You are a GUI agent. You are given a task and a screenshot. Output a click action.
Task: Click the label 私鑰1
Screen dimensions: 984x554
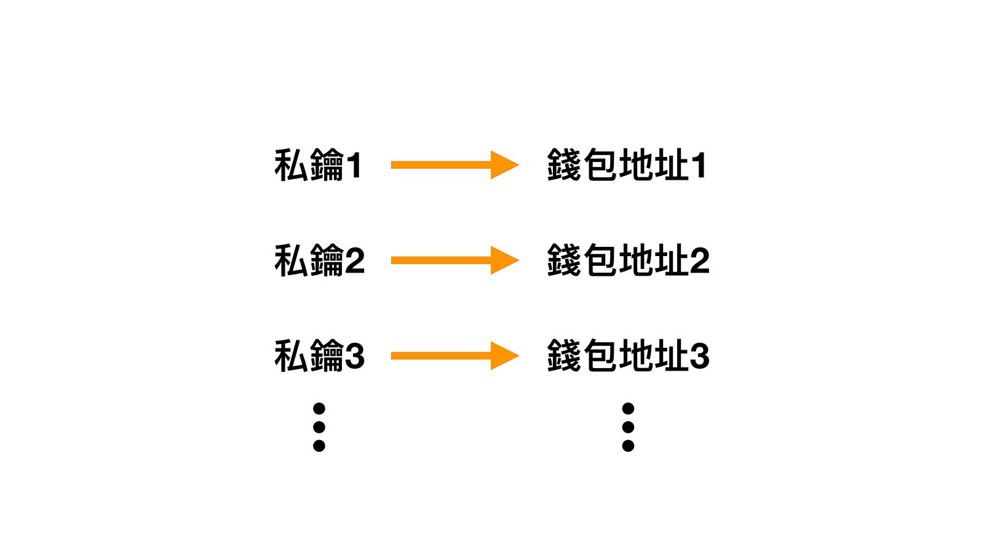(318, 165)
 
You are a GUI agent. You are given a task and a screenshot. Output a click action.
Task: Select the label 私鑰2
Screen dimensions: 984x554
(319, 260)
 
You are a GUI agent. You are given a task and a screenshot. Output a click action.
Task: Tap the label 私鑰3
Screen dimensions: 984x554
(319, 356)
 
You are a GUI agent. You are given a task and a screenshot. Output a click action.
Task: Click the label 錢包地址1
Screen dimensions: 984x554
(627, 165)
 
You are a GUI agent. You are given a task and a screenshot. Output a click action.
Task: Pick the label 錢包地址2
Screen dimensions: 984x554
(628, 260)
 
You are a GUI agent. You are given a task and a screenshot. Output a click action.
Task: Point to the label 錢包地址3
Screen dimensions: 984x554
(628, 356)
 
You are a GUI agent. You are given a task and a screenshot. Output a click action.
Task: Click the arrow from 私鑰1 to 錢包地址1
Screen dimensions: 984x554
(455, 165)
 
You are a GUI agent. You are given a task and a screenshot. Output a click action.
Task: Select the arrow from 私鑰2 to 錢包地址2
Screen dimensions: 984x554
(455, 260)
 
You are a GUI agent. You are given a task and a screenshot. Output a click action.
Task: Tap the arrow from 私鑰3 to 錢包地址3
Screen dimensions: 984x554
(455, 356)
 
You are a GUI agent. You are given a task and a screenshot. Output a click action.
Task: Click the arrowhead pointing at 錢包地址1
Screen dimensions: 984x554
(504, 165)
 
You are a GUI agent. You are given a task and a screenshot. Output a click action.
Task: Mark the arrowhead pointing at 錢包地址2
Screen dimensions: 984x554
(504, 260)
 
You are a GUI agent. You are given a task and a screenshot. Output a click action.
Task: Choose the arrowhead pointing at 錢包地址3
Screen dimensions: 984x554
(504, 356)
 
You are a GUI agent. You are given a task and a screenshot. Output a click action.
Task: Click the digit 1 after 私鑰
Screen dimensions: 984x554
(354, 166)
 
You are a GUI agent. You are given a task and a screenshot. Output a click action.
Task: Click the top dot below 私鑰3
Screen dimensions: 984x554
(319, 409)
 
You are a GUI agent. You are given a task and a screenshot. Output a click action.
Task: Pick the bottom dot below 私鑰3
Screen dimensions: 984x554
(319, 446)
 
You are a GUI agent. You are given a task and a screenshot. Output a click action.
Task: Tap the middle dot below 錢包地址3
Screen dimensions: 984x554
(628, 427)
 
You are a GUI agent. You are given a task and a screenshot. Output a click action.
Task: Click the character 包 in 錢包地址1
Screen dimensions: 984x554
(600, 165)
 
